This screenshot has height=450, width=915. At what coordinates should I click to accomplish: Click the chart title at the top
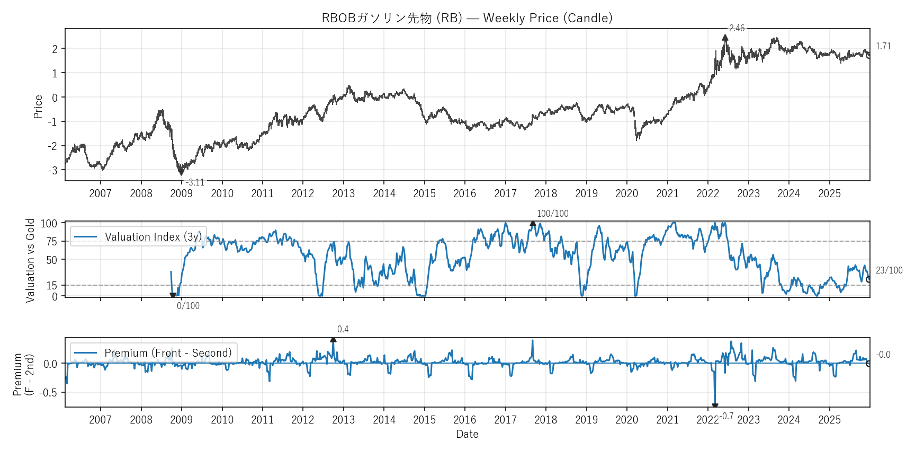(467, 18)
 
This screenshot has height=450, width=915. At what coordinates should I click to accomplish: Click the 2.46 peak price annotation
(737, 28)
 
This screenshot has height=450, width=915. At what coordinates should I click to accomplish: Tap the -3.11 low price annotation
(195, 182)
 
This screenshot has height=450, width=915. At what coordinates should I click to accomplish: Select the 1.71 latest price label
(883, 47)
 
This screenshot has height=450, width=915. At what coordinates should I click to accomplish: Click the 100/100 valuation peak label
(552, 214)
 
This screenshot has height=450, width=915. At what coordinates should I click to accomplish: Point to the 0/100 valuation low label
(188, 306)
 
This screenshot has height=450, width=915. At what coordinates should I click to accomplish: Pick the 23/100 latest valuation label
(889, 270)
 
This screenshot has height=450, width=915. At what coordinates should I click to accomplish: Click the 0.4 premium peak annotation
(343, 329)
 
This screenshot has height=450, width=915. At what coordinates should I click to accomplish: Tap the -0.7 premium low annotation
(726, 416)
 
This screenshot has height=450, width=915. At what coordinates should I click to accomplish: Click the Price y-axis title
(38, 107)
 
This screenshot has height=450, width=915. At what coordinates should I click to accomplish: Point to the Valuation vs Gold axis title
(30, 260)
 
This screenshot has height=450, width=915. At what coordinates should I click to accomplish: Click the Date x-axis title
(467, 434)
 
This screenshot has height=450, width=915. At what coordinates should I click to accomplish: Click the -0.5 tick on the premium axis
(50, 393)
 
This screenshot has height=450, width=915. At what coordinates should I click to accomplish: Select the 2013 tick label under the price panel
(343, 193)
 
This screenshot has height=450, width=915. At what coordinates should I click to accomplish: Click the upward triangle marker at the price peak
(725, 38)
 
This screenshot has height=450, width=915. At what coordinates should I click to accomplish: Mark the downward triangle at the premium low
(715, 407)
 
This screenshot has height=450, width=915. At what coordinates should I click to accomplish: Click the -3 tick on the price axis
(53, 170)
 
